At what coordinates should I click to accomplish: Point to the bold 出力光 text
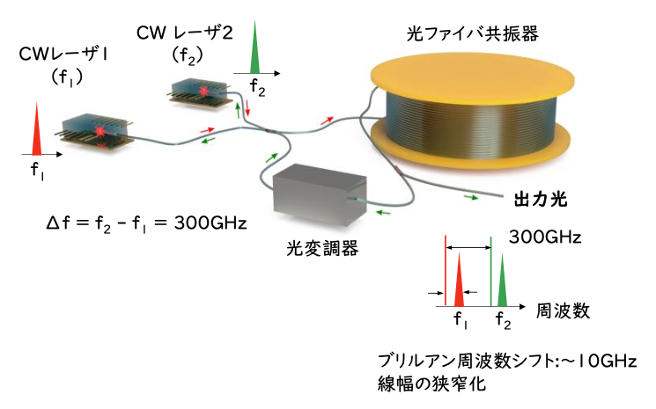tap(539, 200)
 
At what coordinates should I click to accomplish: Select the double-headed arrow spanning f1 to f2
tap(468, 251)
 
